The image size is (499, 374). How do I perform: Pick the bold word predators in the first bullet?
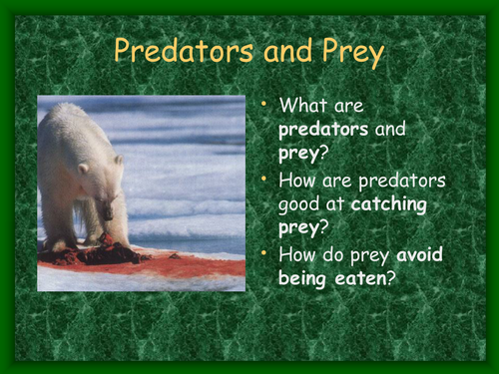point(323,128)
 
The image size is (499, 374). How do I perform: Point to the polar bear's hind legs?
point(60,224)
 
